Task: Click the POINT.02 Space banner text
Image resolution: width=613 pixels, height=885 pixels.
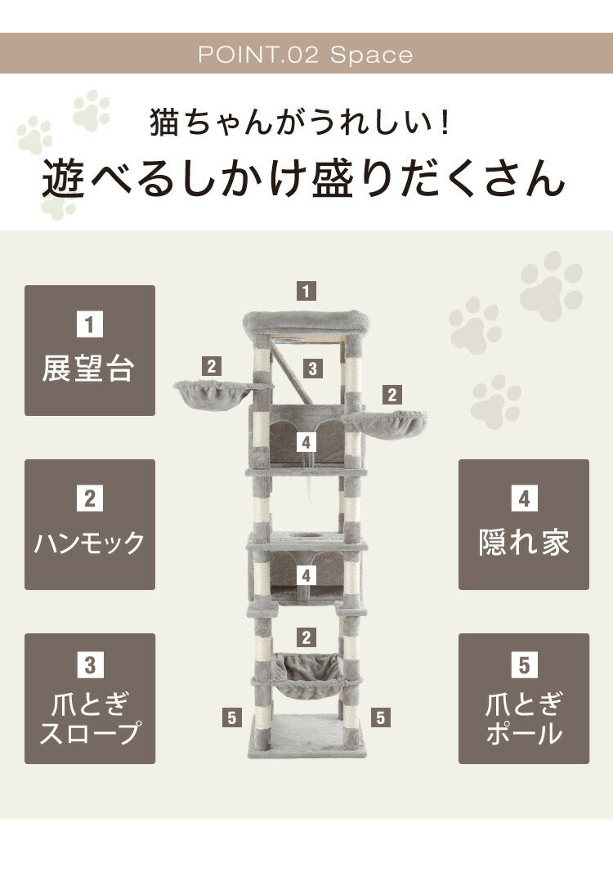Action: pos(306,55)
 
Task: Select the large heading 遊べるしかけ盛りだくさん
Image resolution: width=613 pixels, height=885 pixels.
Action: pos(303,180)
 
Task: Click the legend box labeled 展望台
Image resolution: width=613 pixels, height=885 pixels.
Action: pos(90,351)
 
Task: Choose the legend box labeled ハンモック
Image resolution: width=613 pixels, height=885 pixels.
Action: pos(90,525)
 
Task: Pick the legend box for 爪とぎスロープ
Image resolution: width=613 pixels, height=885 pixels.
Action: pos(90,699)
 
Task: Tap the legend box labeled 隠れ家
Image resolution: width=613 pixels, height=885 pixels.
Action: pos(524,525)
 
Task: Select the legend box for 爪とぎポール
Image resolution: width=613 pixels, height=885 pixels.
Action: pos(524,699)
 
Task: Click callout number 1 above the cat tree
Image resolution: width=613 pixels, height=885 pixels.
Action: pos(306,290)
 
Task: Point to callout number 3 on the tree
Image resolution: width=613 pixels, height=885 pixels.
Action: pos(311,368)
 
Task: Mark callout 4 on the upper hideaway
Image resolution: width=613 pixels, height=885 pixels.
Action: pos(306,442)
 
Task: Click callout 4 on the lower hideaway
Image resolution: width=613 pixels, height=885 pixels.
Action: pos(306,575)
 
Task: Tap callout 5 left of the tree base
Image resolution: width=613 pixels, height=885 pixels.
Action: pos(233,718)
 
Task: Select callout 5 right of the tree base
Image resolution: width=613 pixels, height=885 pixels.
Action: pos(380,718)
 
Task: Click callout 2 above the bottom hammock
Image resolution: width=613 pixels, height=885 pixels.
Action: pos(306,637)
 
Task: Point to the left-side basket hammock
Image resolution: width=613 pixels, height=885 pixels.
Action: pos(210,396)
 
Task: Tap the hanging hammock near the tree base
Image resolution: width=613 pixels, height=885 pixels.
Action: pos(306,674)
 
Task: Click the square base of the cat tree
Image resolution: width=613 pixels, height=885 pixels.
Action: pos(306,735)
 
